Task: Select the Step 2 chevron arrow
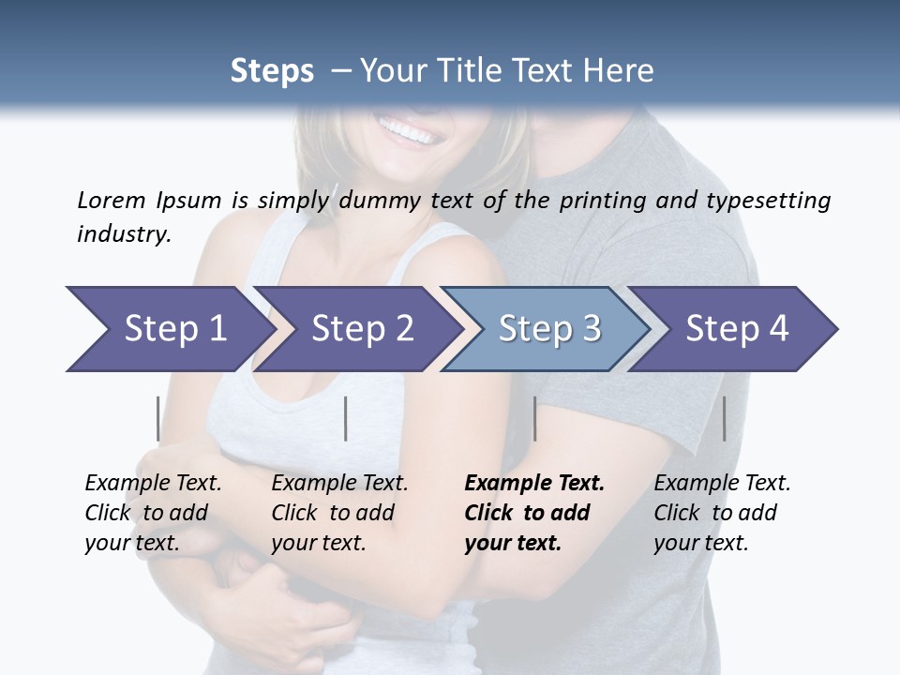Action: [x=356, y=329]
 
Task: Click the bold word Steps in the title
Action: [x=272, y=71]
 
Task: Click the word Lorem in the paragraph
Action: [x=112, y=201]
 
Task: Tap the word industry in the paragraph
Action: [x=122, y=233]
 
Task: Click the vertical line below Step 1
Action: [x=157, y=418]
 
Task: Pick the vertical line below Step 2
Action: [x=346, y=418]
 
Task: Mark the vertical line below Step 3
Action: [x=534, y=418]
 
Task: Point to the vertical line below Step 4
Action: [x=724, y=418]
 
